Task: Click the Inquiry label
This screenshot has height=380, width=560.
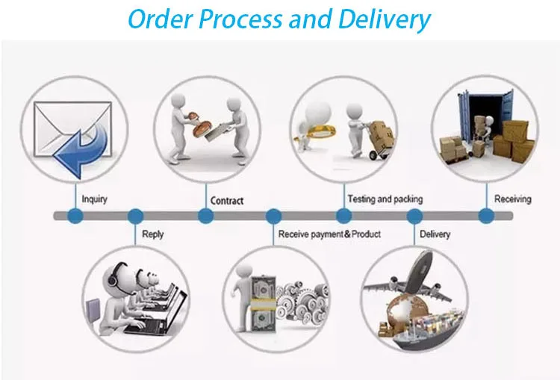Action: [x=95, y=199]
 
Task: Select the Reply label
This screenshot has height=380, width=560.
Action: [x=152, y=234]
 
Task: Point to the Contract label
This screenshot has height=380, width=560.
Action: [x=227, y=200]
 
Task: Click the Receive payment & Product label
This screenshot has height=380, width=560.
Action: [x=329, y=234]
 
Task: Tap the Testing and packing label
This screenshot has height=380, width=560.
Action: [x=385, y=199]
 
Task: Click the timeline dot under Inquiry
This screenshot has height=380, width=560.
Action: [x=75, y=217]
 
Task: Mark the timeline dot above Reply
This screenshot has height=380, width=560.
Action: [x=135, y=217]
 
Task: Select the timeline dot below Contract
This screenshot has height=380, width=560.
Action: [x=205, y=217]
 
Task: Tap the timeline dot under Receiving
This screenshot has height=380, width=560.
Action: [x=486, y=217]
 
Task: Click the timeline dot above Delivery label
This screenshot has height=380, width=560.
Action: [x=414, y=217]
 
